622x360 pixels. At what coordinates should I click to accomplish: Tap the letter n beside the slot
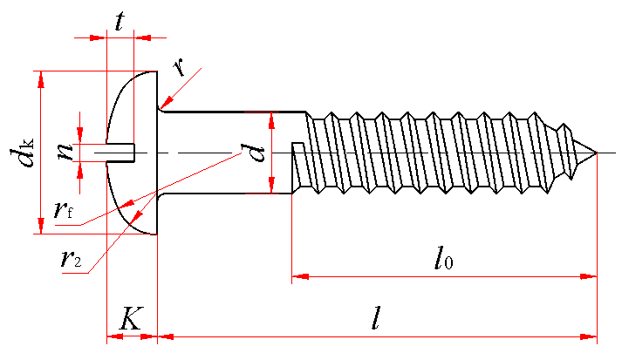click(65, 151)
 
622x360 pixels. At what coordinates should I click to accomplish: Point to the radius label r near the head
click(179, 67)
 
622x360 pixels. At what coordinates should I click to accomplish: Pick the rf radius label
click(63, 210)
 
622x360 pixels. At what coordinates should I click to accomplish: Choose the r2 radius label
click(72, 259)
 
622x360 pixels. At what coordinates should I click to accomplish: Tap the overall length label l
click(375, 317)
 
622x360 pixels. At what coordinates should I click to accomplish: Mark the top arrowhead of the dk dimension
click(38, 78)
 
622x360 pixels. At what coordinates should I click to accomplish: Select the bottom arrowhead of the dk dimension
click(38, 226)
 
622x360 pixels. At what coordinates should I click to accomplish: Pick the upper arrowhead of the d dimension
click(272, 119)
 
